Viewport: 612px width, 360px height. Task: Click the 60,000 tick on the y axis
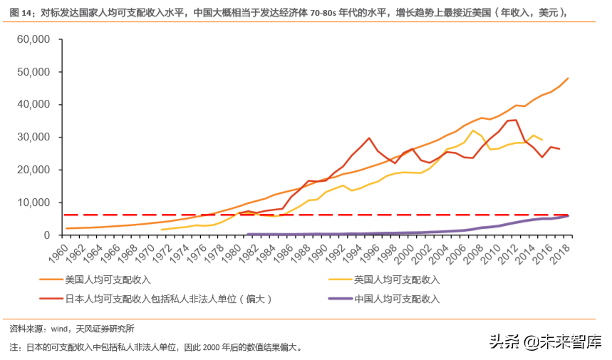click(x=29, y=39)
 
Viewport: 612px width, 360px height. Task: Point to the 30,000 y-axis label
click(x=29, y=137)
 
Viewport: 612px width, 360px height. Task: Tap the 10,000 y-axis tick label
click(x=29, y=202)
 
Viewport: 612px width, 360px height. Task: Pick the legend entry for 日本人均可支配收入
click(x=168, y=299)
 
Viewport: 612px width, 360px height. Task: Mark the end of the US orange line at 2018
click(x=568, y=78)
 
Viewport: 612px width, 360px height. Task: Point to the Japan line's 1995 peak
click(x=369, y=138)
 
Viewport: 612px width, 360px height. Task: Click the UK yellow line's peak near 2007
click(x=473, y=130)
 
